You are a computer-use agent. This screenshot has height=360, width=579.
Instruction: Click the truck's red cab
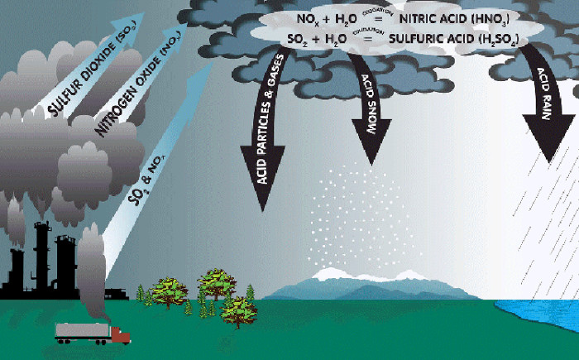(121, 335)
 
